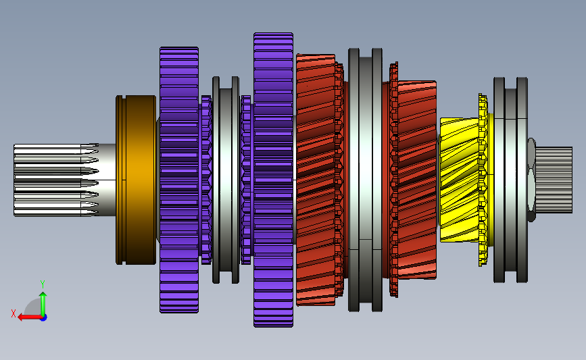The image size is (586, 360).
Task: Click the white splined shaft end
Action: [x=56, y=180]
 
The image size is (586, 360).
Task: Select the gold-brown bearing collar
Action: [x=136, y=180]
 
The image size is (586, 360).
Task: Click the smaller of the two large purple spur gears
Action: [x=179, y=180]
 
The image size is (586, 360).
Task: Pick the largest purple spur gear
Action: [x=273, y=180]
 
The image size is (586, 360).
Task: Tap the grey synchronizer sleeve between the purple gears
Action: [x=226, y=180]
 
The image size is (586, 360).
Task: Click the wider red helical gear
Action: [x=316, y=180]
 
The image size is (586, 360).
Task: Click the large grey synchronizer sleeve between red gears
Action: [x=365, y=180]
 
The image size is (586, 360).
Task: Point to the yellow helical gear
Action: [x=460, y=180]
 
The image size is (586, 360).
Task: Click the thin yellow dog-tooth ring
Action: [x=483, y=180]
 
